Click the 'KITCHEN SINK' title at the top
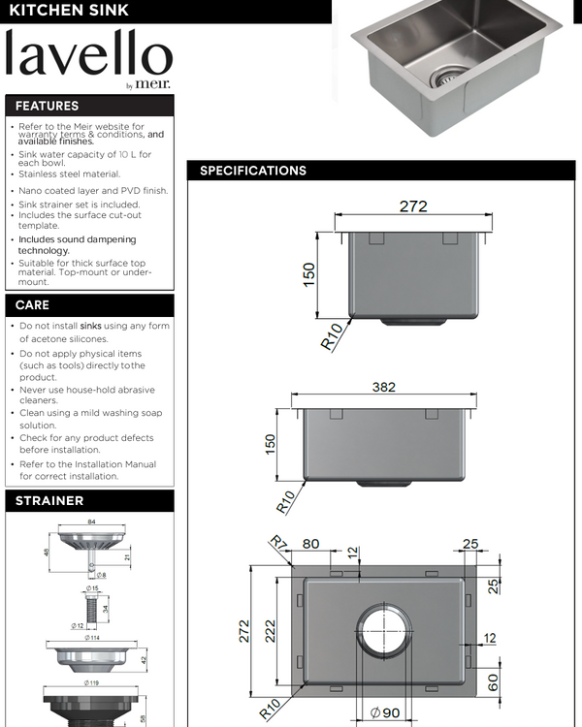click(x=69, y=11)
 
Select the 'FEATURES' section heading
click(x=47, y=106)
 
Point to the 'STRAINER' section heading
click(x=49, y=501)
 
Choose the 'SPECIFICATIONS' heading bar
click(x=253, y=171)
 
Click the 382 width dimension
click(x=384, y=387)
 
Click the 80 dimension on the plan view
click(x=310, y=544)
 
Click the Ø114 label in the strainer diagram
click(x=93, y=637)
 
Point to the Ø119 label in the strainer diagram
click(x=93, y=682)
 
